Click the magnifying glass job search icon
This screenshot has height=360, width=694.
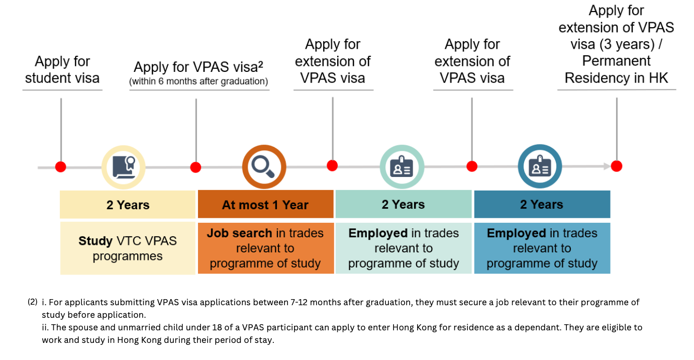(264, 166)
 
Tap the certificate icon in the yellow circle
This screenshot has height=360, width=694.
(124, 166)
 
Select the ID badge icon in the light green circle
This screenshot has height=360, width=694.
(402, 166)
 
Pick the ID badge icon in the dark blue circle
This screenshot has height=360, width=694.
(540, 166)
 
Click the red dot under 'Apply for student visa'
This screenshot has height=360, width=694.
(61, 166)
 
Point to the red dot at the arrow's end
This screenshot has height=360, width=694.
(617, 166)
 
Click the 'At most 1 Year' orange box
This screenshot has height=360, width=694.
(265, 205)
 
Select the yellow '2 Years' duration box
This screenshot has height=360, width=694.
(128, 205)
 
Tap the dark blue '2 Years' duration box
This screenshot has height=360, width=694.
(542, 205)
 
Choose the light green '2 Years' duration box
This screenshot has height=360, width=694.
(403, 205)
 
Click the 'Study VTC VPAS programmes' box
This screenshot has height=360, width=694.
(128, 248)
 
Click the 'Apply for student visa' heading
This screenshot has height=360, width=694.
(62, 70)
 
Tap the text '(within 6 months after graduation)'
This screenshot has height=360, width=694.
(199, 81)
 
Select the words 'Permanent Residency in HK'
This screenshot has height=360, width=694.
(616, 69)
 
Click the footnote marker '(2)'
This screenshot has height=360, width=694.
(33, 302)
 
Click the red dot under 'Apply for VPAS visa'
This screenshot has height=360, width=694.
(195, 167)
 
